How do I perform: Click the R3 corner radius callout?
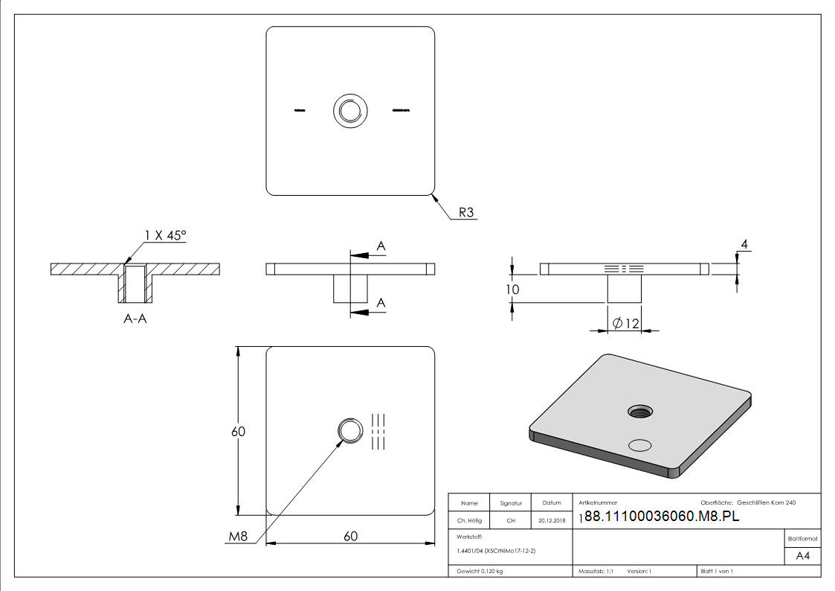pos(466,213)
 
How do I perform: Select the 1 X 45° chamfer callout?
pos(165,235)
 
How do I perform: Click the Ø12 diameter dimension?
pos(628,323)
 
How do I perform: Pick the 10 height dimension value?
pos(512,289)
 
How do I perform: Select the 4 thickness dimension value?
pos(743,243)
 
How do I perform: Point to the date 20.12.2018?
pos(551,520)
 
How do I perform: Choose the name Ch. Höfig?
pos(469,520)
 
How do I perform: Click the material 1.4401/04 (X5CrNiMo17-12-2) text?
pos(496,550)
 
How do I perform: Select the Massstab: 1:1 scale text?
pos(596,571)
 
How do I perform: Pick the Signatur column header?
pos(511,503)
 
